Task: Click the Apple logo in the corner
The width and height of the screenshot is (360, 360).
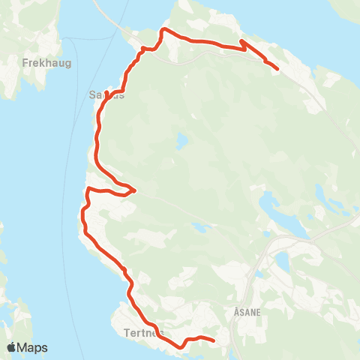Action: [x=12, y=347]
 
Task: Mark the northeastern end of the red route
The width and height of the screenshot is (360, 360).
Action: [x=278, y=70]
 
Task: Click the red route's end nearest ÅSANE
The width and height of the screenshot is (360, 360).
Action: [x=214, y=341]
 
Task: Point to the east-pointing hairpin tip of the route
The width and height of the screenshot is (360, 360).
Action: [x=135, y=190]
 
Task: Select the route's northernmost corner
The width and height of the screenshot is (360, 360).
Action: [x=165, y=29]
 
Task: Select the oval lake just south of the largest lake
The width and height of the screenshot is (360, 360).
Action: [x=282, y=259]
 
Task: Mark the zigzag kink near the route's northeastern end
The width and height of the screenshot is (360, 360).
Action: [x=243, y=45]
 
